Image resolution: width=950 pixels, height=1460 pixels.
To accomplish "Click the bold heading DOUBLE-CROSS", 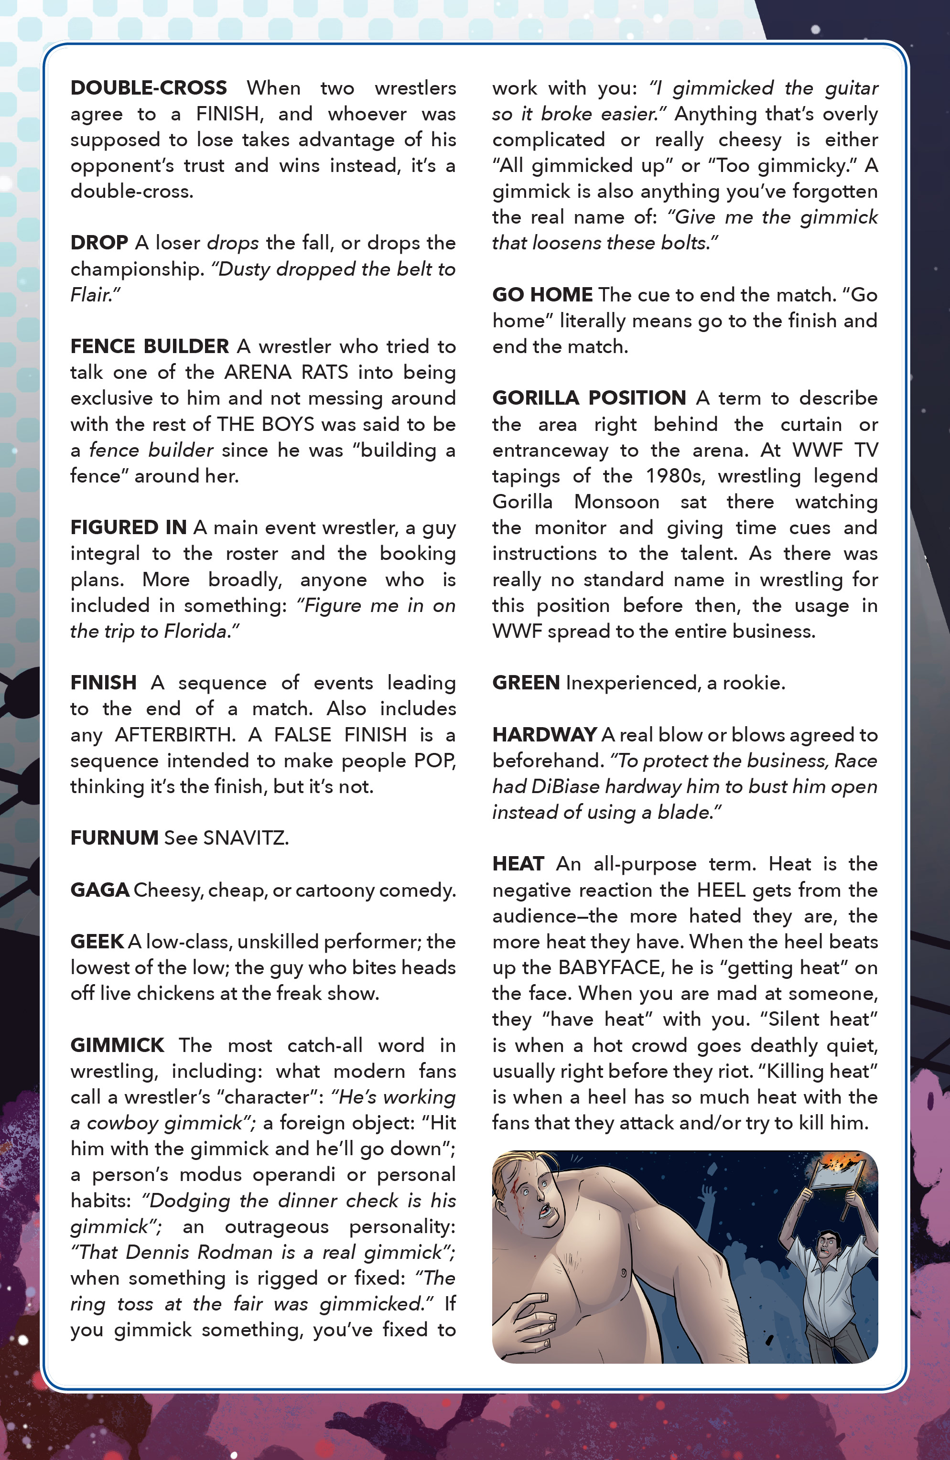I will [x=149, y=88].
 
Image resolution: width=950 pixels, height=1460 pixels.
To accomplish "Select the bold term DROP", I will [x=99, y=243].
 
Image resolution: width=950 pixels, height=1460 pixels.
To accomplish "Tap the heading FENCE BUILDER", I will [x=149, y=346].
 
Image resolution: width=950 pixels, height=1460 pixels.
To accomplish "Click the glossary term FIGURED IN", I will [x=128, y=527].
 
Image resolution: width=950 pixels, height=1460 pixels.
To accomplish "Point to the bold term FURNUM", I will [x=114, y=838].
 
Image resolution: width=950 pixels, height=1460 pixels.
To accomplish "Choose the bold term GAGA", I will [x=99, y=890].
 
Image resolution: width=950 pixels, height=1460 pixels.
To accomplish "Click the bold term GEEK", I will [x=97, y=942].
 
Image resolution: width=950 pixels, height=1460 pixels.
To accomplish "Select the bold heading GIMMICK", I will [x=117, y=1045].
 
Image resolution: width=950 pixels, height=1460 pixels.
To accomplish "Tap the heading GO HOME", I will [x=542, y=295].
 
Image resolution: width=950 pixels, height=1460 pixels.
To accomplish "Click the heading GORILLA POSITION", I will [x=589, y=398].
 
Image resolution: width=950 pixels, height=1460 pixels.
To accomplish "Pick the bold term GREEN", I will [x=525, y=683].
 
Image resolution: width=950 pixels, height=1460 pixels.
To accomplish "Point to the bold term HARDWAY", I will [x=544, y=735].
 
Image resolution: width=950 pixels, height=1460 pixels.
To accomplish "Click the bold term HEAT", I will [x=518, y=864].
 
